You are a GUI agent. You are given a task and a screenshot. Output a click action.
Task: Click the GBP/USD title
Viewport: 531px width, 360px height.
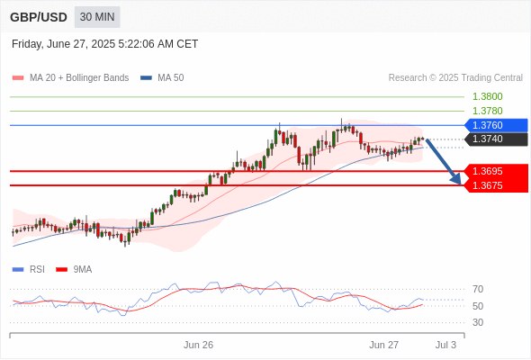(39, 17)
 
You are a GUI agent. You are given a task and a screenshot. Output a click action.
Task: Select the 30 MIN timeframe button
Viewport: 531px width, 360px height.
(97, 17)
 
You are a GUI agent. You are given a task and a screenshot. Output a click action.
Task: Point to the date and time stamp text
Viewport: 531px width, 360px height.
(104, 44)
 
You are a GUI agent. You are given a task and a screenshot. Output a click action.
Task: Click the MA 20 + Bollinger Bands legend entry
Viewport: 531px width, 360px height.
(70, 78)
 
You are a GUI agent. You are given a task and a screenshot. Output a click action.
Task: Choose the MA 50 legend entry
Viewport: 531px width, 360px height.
(162, 78)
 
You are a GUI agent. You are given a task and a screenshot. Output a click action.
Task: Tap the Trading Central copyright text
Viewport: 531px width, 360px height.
(455, 78)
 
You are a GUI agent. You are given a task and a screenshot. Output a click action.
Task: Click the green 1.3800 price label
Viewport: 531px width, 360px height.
(487, 96)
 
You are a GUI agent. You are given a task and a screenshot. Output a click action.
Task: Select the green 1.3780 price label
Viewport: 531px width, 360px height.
(487, 111)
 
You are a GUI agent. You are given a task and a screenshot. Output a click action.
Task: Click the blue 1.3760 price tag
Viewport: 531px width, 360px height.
(496, 125)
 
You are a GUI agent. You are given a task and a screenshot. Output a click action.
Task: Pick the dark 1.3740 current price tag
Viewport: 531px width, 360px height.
(496, 139)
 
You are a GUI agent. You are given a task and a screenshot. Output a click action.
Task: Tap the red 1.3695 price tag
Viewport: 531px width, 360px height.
(496, 171)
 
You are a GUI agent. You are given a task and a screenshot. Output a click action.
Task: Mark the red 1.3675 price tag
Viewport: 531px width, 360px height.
(496, 185)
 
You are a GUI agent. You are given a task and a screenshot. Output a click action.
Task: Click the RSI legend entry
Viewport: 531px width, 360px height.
(29, 270)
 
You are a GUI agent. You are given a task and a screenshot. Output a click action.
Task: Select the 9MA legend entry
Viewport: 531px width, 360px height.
(74, 270)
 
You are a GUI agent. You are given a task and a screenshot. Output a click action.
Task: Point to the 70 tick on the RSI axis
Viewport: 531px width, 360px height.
(478, 289)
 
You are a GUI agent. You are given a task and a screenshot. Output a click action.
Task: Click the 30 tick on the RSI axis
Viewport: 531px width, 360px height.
(478, 322)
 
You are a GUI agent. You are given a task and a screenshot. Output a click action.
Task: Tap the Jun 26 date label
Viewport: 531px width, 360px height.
(198, 345)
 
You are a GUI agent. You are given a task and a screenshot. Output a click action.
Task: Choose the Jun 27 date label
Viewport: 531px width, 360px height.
(383, 345)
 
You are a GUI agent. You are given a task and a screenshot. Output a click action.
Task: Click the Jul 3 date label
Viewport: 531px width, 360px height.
(445, 345)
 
